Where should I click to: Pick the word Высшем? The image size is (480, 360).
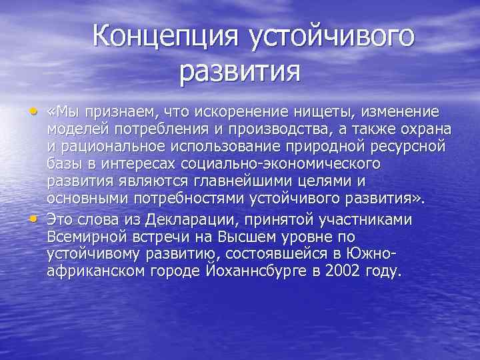245,237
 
